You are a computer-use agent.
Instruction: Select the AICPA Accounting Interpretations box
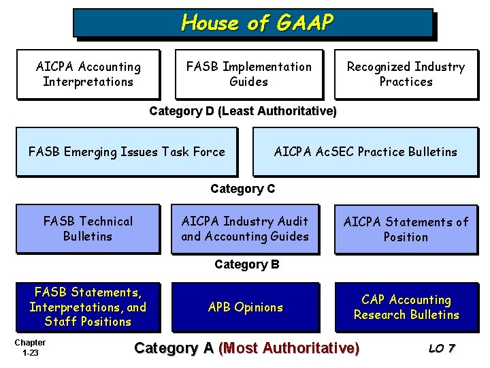[88, 74]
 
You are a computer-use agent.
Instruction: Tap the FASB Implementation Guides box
[248, 74]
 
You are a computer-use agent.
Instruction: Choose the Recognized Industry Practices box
[406, 74]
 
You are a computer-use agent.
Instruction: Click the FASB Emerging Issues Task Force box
[127, 152]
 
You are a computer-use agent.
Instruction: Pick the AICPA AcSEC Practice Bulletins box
[365, 152]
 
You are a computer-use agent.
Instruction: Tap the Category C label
[243, 189]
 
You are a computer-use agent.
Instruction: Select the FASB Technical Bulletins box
[88, 229]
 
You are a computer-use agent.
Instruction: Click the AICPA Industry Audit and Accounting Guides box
[245, 229]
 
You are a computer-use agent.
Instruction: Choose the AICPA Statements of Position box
[406, 229]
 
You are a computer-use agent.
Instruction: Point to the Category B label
[246, 264]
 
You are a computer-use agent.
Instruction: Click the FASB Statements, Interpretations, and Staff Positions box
[88, 307]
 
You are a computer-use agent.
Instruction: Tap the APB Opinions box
[245, 307]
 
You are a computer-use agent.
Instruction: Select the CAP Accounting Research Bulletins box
[406, 307]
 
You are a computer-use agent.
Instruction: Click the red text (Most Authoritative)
[289, 348]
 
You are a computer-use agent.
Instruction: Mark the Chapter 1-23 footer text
[30, 348]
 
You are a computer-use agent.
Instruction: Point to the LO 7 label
[442, 349]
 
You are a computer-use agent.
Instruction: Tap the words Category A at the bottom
[174, 348]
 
